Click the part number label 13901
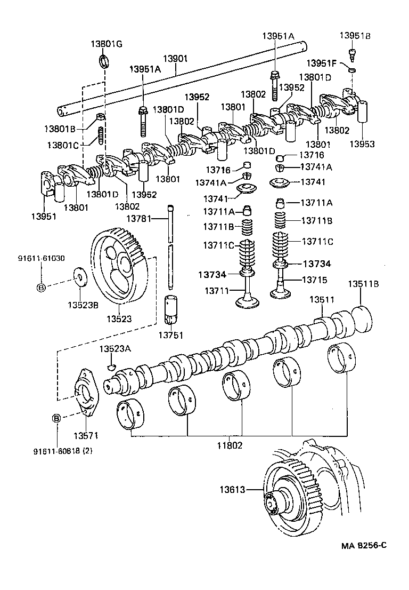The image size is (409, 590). click(175, 58)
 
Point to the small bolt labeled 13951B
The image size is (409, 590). click(351, 53)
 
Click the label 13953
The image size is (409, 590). click(362, 143)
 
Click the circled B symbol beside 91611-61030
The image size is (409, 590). click(41, 288)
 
